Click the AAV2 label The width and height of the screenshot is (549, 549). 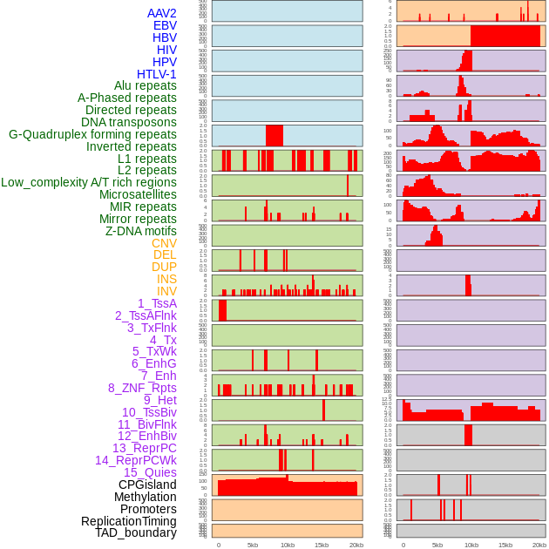pyautogui.click(x=162, y=13)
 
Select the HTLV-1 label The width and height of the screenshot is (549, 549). pyautogui.click(x=157, y=74)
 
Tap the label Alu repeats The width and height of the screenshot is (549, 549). pyautogui.click(x=146, y=85)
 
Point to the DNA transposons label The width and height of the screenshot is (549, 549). pyautogui.click(x=129, y=122)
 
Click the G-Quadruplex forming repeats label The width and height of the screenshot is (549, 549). pyautogui.click(x=93, y=134)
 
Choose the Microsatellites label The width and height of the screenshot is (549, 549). pyautogui.click(x=138, y=194)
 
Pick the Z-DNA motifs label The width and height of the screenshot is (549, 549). pyautogui.click(x=141, y=231)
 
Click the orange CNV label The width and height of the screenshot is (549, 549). pyautogui.click(x=164, y=243)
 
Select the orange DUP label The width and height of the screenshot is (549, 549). pyautogui.click(x=164, y=267)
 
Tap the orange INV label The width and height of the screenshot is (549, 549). pyautogui.click(x=166, y=291)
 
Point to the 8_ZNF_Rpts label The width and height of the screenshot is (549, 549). pyautogui.click(x=142, y=388)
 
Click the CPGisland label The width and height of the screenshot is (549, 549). pyautogui.click(x=147, y=485)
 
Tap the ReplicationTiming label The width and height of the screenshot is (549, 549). pyautogui.click(x=129, y=521)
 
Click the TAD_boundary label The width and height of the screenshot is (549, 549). pyautogui.click(x=136, y=532)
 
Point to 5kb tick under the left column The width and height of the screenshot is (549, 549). pyautogui.click(x=253, y=545)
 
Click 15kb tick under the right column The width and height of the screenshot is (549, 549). pyautogui.click(x=505, y=545)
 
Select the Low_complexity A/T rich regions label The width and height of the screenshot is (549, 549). pyautogui.click(x=89, y=182)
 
